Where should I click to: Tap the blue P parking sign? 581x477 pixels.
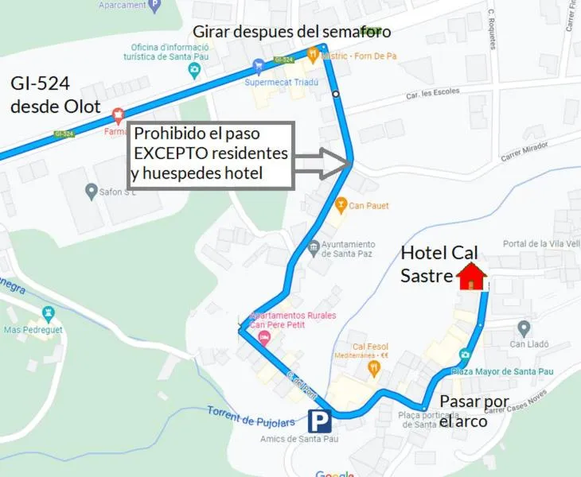pyautogui.click(x=320, y=421)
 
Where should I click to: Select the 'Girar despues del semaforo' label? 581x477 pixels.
pyautogui.click(x=292, y=32)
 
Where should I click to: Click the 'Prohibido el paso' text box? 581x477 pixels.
pyautogui.click(x=211, y=154)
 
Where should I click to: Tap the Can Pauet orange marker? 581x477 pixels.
pyautogui.click(x=341, y=205)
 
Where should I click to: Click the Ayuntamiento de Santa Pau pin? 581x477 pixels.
pyautogui.click(x=314, y=246)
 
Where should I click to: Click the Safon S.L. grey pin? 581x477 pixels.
pyautogui.click(x=92, y=191)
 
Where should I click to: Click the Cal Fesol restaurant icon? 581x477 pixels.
pyautogui.click(x=373, y=368)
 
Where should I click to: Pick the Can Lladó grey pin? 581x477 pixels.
pyautogui.click(x=523, y=328)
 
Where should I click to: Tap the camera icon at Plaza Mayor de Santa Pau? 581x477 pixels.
pyautogui.click(x=464, y=355)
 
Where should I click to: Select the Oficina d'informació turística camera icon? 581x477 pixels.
pyautogui.click(x=194, y=70)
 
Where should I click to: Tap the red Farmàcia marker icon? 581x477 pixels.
pyautogui.click(x=119, y=116)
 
